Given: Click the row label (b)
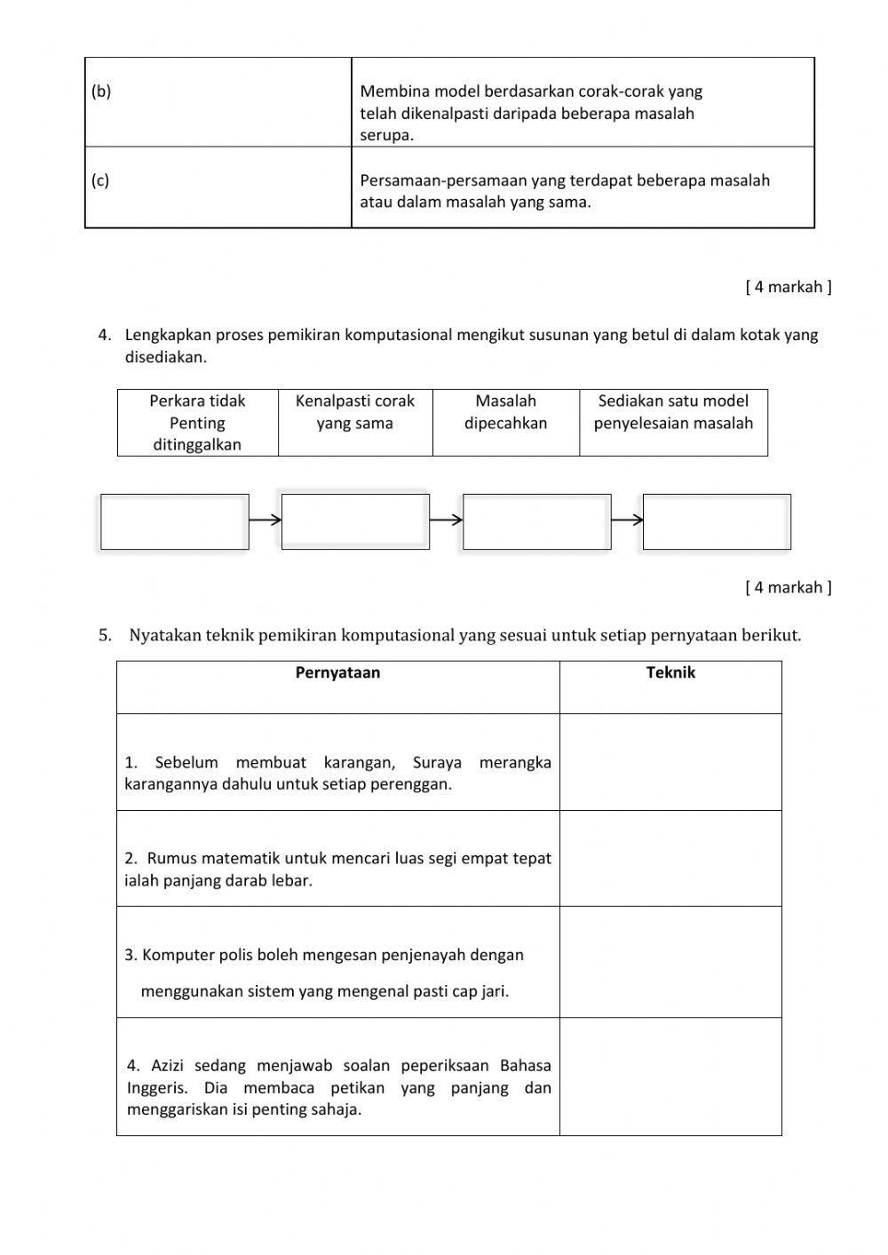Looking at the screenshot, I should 101,91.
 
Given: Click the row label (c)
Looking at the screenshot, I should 100,180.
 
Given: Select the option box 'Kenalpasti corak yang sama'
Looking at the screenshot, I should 355,423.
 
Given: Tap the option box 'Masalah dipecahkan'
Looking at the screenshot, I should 506,423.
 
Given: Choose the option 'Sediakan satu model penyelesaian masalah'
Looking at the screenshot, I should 673,423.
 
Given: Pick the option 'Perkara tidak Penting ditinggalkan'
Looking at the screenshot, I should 197,423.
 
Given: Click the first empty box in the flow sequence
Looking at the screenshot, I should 174,521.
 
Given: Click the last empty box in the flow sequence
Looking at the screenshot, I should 717,521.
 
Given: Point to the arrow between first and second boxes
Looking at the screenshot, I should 265,520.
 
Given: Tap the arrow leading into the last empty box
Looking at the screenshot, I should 627,520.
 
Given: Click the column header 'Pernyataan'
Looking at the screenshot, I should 337,673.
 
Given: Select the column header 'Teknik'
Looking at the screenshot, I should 670,673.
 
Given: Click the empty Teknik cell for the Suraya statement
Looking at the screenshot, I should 670,762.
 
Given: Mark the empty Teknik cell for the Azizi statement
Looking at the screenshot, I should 670,1076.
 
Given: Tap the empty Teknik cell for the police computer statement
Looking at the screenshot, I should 670,962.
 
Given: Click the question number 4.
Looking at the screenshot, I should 105,336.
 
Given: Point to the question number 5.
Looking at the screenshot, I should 105,636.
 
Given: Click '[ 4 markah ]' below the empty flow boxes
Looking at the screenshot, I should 789,587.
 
